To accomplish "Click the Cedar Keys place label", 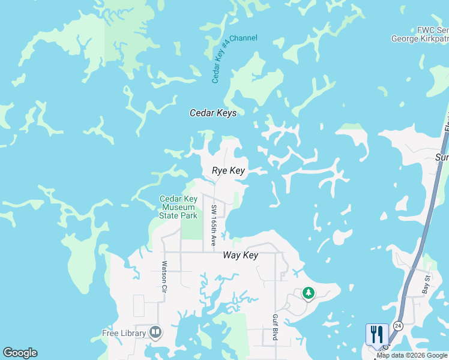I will coord(213,113).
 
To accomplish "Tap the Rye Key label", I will coord(229,171).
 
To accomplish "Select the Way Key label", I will coord(240,255).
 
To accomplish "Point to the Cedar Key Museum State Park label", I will coord(178,207).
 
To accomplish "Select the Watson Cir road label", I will coord(163,276).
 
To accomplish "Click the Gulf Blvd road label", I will coord(275,326).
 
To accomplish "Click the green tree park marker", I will coord(309,293).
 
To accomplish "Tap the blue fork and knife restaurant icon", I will coord(377,334).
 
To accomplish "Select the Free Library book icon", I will coord(155,332).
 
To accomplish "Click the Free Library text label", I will coord(124,334).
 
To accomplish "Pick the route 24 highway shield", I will coord(398,325).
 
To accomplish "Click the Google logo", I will coord(20,353).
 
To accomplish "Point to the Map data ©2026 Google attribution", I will coord(412,355).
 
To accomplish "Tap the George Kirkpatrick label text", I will coord(420,38).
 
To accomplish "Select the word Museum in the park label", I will coord(178,207).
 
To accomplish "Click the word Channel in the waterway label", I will coord(244,38).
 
